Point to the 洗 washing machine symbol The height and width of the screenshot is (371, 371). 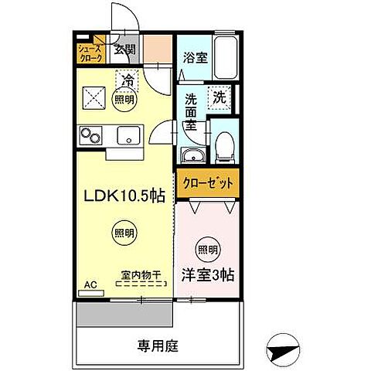tap(220, 98)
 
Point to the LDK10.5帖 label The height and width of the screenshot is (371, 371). tap(124, 196)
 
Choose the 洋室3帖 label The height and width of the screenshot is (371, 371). tap(208, 273)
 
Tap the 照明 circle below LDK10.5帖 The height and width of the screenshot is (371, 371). tap(123, 232)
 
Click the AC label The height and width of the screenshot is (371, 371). tap(91, 284)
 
